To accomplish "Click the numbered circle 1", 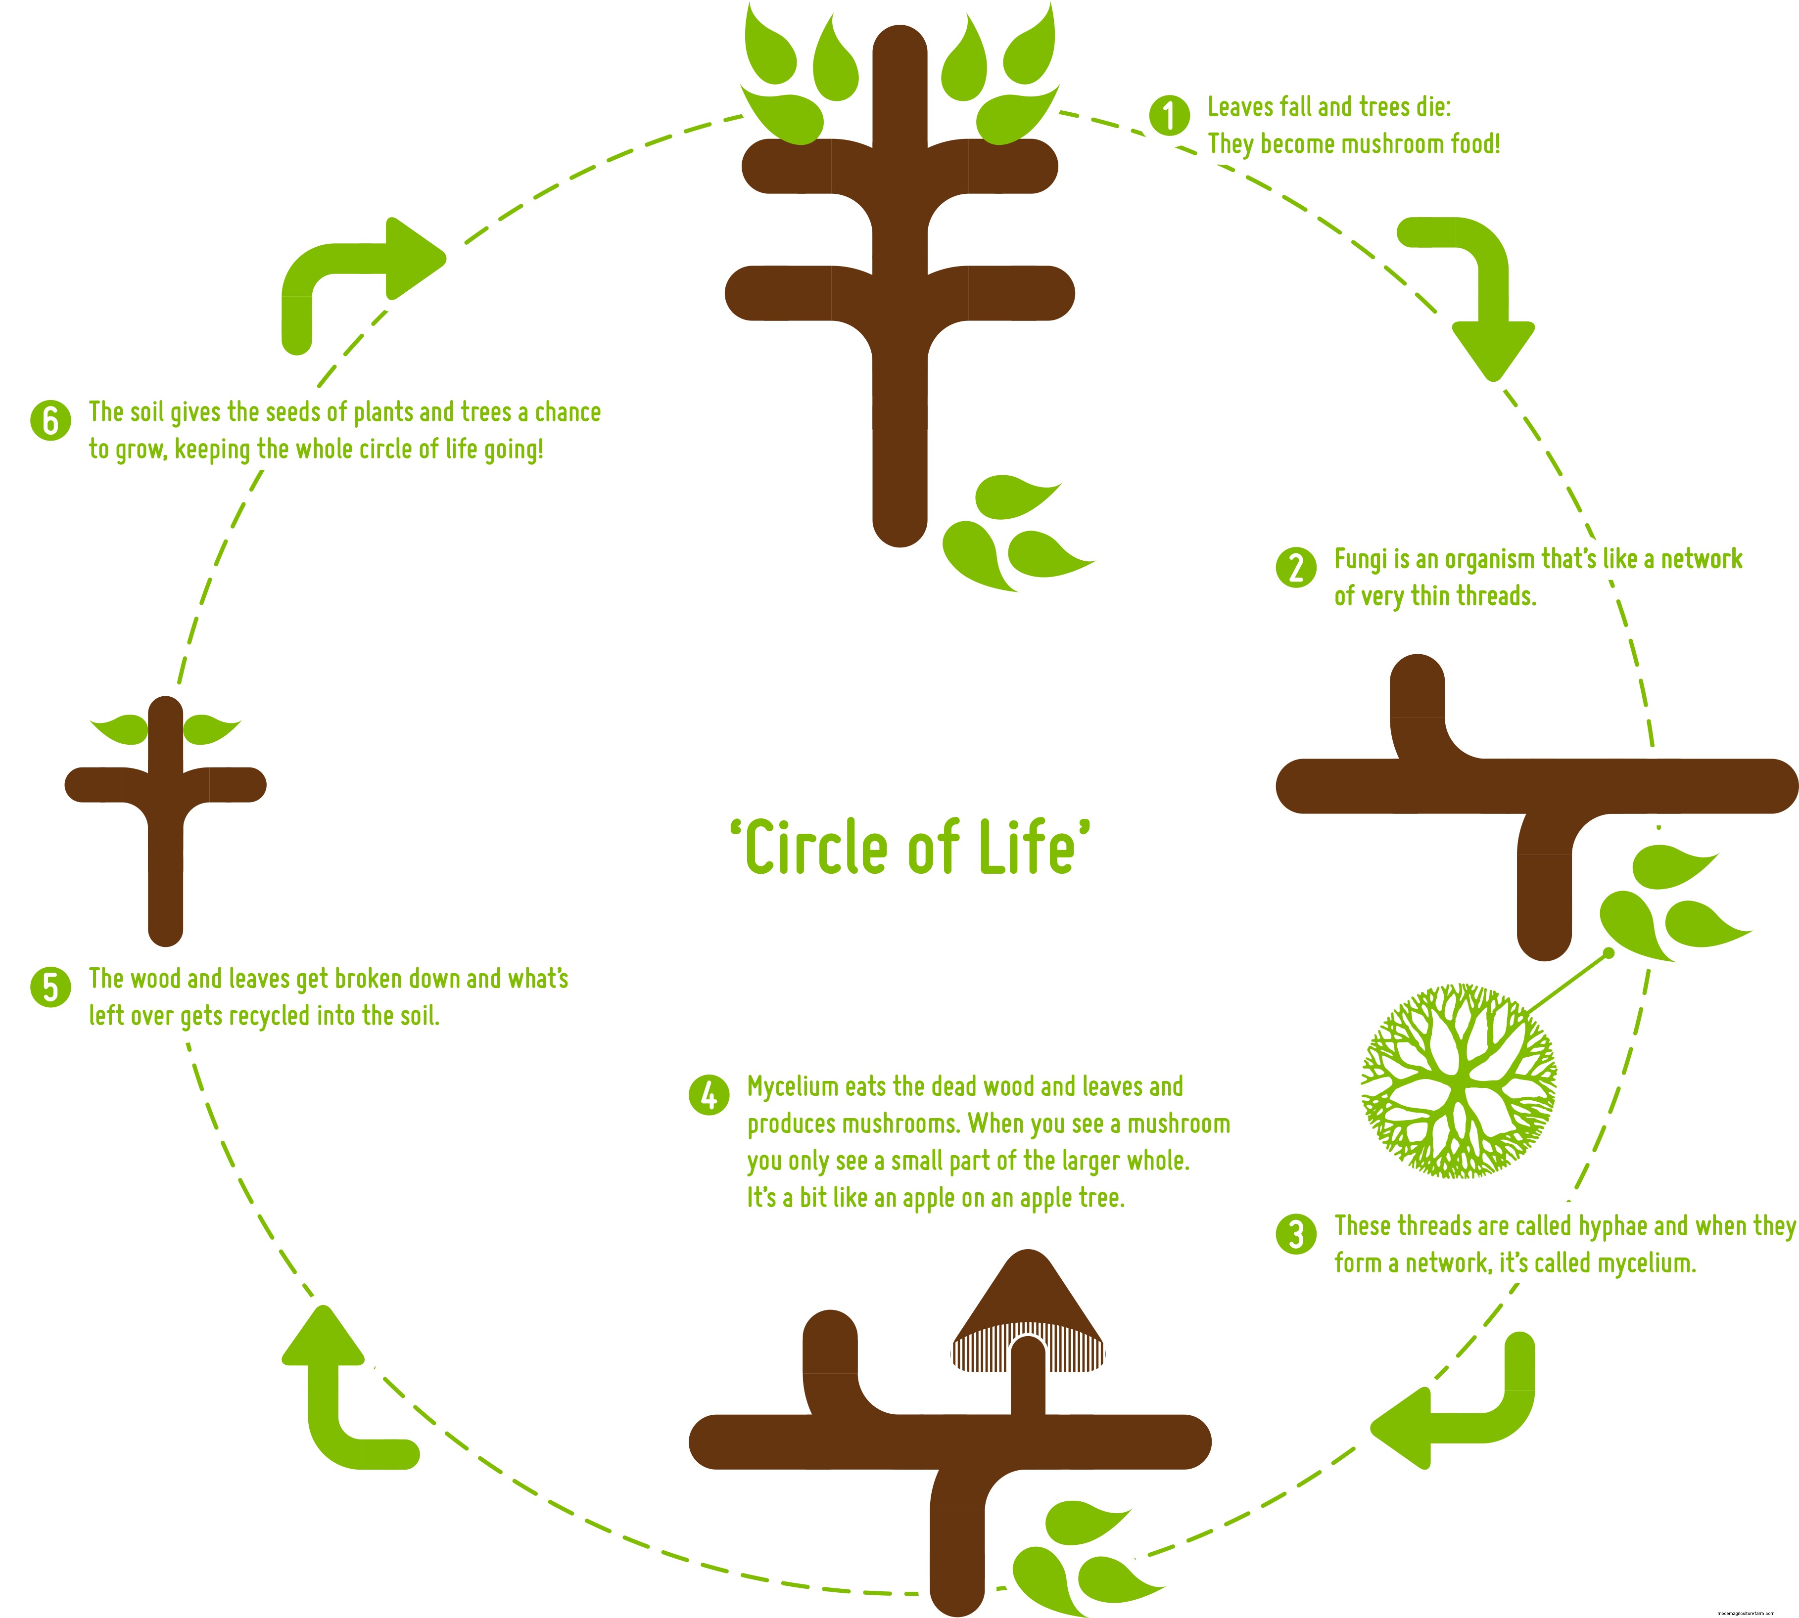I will click(x=1169, y=116).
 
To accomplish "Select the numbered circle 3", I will click(x=1296, y=1234).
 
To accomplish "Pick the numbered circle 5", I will click(x=50, y=987).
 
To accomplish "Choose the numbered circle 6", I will click(x=50, y=420).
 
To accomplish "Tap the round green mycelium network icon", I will click(x=1459, y=1080).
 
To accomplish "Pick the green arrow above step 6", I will click(x=356, y=275).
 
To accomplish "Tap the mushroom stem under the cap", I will click(x=1028, y=1378).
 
